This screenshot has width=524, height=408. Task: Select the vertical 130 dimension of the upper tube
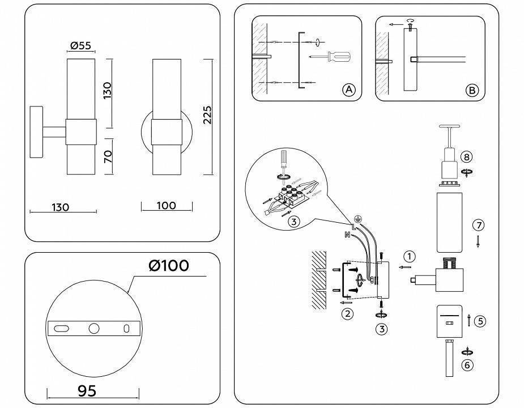pos(108,88)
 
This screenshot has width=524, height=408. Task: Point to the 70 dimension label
pos(108,156)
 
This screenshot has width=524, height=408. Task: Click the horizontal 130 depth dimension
pos(59,207)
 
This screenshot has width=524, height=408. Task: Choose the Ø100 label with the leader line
pos(169,265)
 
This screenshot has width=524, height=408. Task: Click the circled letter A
pos(348,90)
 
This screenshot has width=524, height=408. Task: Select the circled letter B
pos(471,90)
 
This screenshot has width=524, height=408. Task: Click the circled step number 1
pos(410,256)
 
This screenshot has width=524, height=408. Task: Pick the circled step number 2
pos(347,312)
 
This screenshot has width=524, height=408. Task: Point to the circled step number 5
pos(480,321)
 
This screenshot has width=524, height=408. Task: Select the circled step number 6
pos(467,365)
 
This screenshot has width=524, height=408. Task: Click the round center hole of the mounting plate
pos(93,328)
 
